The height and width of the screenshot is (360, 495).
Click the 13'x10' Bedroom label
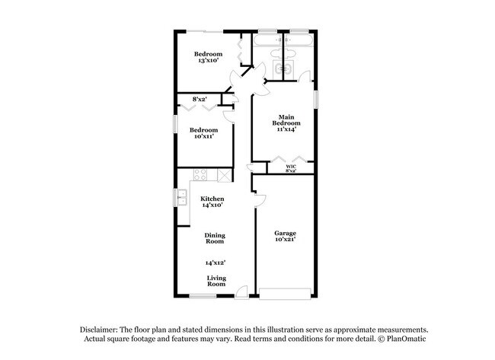208,54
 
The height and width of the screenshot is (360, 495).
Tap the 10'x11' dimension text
204,137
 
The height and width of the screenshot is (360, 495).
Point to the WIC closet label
291,167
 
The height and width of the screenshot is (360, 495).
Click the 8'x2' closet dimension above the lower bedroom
200,99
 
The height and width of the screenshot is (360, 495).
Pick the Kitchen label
212,199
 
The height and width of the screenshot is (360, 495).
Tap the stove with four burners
200,175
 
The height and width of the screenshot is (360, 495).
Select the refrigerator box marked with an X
224,176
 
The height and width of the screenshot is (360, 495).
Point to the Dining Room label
214,237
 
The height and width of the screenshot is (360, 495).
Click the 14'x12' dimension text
214,262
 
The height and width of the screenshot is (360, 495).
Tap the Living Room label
216,282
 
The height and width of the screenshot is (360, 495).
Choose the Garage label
286,232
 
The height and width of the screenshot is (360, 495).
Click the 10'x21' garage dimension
286,240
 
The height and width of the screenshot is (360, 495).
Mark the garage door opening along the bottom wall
285,292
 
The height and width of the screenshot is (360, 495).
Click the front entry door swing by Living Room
241,290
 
